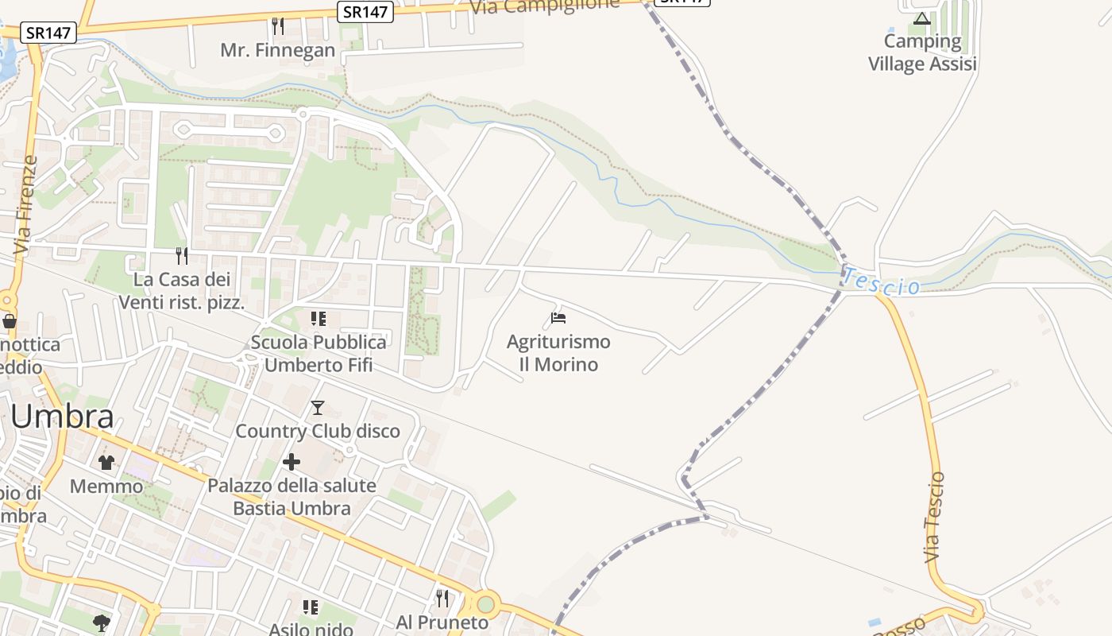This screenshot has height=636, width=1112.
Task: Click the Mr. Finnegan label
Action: (278, 51)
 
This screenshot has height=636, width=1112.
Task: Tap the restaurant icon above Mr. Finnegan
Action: (278, 26)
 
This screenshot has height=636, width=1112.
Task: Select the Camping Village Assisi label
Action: (922, 52)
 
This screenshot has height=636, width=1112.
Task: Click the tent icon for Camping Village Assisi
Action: (921, 18)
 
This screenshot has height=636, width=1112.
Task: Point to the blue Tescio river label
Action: (881, 282)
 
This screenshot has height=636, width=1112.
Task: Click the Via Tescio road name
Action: (935, 518)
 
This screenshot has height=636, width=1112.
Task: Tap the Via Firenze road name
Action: (26, 205)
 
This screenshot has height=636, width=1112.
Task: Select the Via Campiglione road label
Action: (544, 6)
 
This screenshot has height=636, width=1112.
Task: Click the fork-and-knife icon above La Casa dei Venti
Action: (182, 255)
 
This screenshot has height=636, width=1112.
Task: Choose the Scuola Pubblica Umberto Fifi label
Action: (318, 353)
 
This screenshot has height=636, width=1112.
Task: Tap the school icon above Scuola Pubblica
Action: (318, 319)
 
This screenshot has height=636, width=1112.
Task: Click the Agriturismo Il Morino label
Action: (558, 353)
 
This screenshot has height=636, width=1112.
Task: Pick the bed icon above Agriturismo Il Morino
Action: (558, 318)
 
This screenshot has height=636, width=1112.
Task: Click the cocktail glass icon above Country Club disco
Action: (318, 408)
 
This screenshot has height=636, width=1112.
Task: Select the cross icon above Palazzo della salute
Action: (292, 461)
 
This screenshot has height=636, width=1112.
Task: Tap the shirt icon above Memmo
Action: (106, 462)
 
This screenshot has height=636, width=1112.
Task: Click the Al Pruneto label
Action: (442, 622)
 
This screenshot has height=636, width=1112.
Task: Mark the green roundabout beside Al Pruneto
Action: (485, 605)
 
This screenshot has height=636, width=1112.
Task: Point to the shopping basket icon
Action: (10, 321)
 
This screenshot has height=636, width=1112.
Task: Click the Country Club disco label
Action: (318, 431)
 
